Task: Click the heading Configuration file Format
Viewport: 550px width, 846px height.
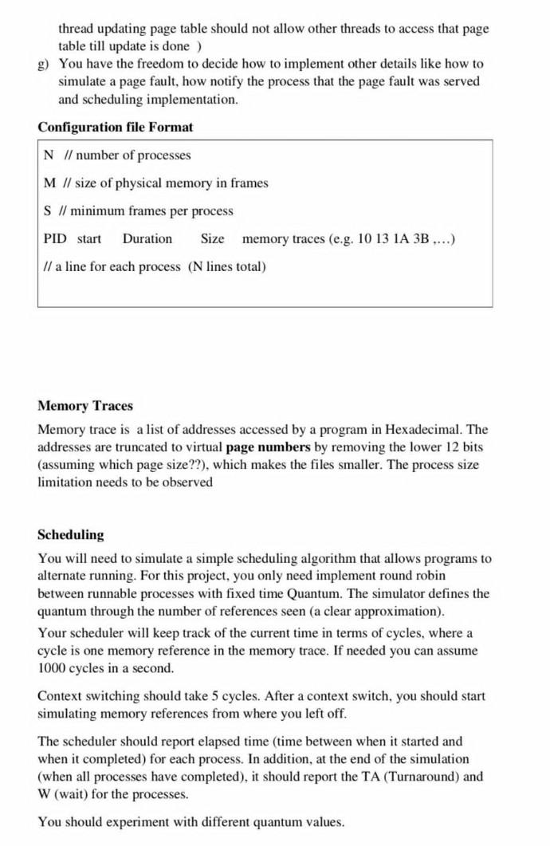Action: tap(116, 128)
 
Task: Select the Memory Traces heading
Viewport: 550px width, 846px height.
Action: tap(85, 406)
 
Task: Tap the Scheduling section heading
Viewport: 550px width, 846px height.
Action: tap(71, 534)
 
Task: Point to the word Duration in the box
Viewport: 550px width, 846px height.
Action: tap(147, 238)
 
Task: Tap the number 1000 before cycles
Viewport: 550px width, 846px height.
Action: tap(52, 667)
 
